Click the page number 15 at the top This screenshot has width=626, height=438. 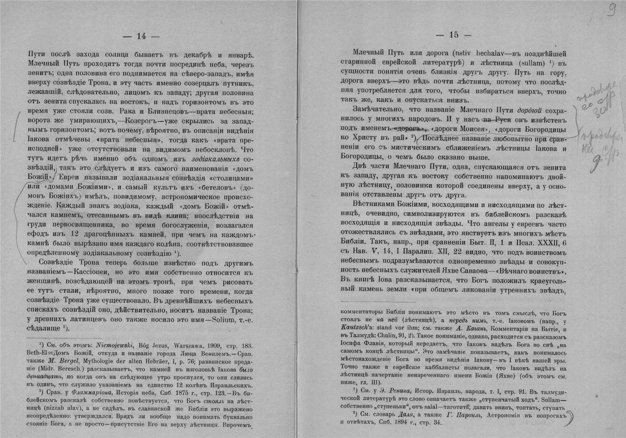pyautogui.click(x=453, y=35)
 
